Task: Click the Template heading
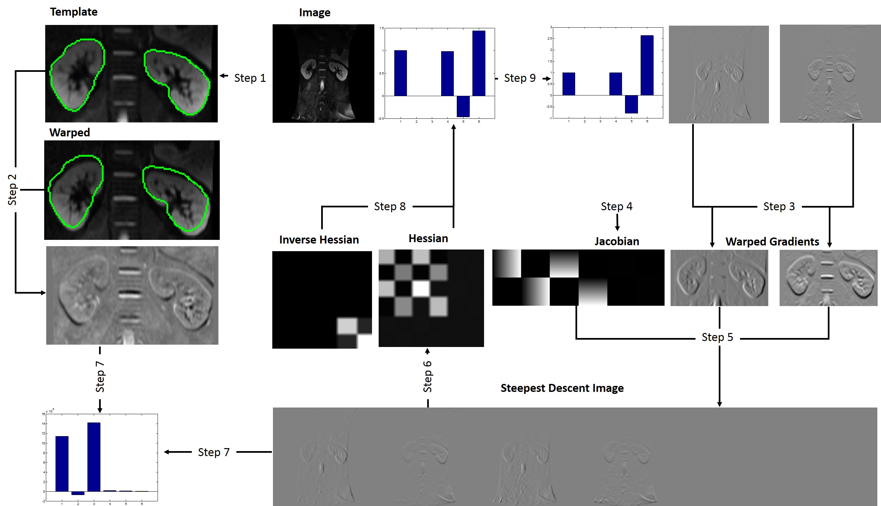[73, 12]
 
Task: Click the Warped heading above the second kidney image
[69, 132]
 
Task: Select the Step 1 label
[250, 78]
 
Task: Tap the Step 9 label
[520, 78]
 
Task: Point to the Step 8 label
[390, 207]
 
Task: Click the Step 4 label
[616, 207]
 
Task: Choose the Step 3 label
[779, 207]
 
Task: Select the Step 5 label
[717, 337]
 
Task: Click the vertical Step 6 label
[428, 376]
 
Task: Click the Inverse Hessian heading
[319, 240]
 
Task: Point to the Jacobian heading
[616, 241]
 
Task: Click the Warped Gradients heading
[772, 242]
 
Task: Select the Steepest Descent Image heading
[562, 388]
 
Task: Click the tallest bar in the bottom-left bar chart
[94, 457]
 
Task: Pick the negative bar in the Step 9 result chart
[631, 104]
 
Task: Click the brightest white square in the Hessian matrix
[421, 288]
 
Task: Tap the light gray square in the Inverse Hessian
[347, 326]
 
